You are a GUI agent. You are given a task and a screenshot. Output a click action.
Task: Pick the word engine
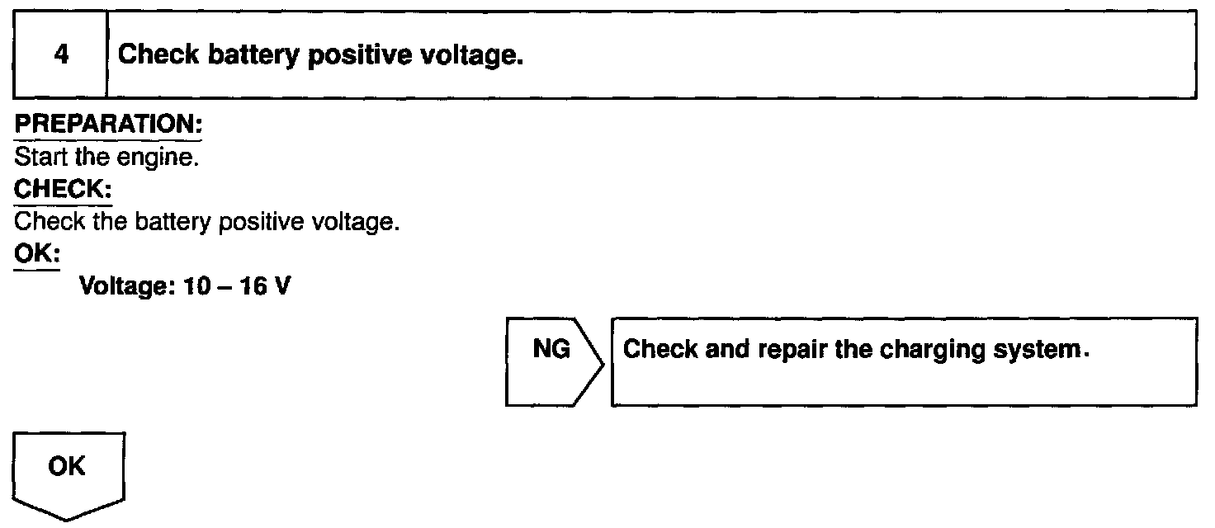(170, 157)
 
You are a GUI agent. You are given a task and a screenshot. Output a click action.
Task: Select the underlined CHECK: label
(64, 189)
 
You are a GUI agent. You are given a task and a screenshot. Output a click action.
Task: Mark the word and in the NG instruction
(704, 350)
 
